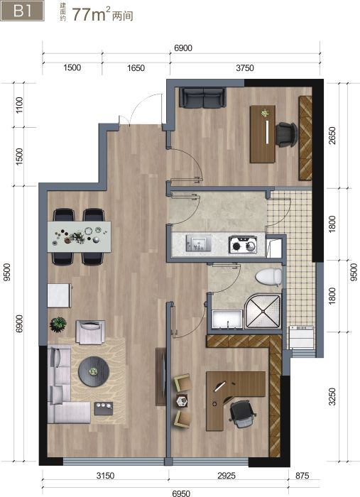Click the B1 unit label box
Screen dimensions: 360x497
click(22, 11)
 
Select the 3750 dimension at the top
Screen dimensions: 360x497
click(245, 68)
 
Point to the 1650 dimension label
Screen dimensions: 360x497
click(136, 68)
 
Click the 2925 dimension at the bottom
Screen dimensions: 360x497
click(227, 476)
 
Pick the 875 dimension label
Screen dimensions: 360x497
click(302, 476)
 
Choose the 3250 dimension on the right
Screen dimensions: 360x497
click(332, 396)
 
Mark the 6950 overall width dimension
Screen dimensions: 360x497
click(181, 493)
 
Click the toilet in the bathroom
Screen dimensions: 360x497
click(268, 277)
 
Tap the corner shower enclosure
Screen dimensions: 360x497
click(263, 312)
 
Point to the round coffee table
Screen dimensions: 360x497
click(94, 371)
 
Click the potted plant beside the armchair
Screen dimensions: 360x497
click(58, 324)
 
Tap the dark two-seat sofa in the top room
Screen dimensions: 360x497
click(202, 98)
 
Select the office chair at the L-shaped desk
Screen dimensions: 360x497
click(242, 414)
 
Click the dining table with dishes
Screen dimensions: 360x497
click(80, 236)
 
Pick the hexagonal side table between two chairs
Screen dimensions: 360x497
click(182, 400)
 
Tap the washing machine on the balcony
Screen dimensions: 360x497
click(301, 337)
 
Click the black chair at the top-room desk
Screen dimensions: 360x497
click(286, 135)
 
